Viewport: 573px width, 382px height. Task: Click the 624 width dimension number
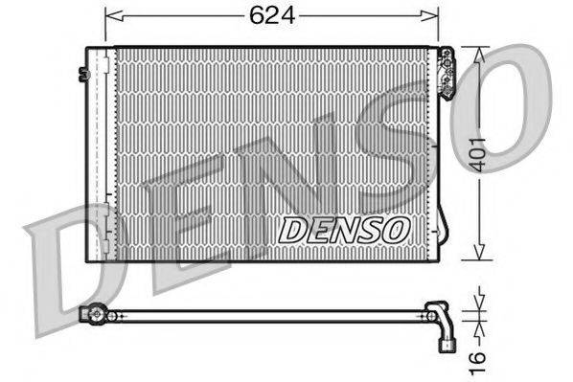[x=270, y=16]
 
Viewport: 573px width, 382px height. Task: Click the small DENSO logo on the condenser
[x=345, y=229]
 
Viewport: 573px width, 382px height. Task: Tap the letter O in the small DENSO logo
[x=399, y=229]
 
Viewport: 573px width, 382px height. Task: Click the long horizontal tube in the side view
[x=268, y=314]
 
